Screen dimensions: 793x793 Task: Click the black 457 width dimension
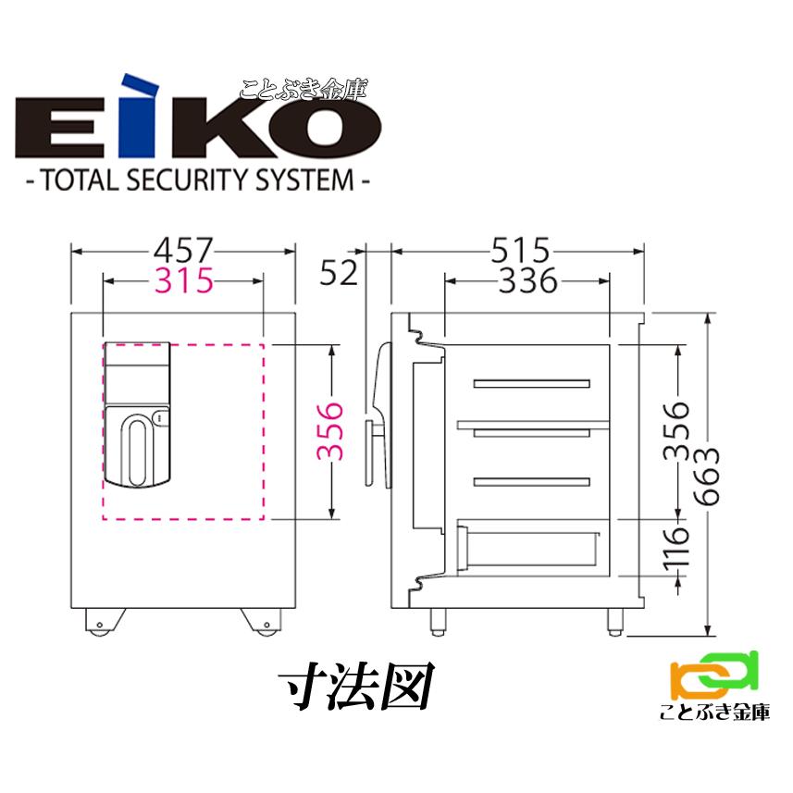point(183,250)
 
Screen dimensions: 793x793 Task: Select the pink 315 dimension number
point(183,279)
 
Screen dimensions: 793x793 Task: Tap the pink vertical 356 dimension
point(329,431)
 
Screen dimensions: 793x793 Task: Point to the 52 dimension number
point(338,274)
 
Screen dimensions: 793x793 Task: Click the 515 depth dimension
point(519,250)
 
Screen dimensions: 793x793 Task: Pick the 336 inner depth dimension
point(527,279)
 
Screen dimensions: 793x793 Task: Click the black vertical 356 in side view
point(680,431)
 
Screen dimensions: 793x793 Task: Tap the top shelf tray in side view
point(531,383)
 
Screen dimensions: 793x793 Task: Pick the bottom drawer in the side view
point(531,548)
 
